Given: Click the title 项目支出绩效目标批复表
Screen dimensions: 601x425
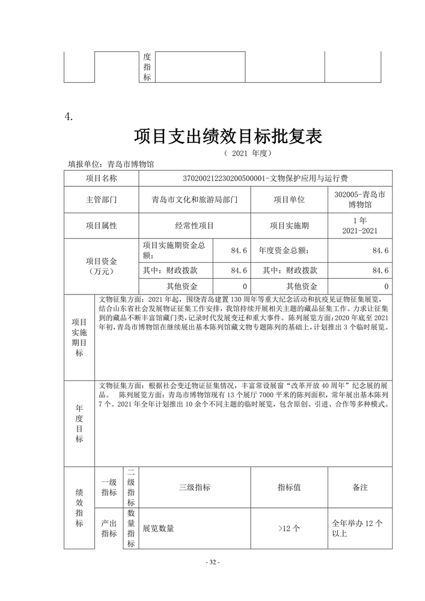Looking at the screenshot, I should point(228,136).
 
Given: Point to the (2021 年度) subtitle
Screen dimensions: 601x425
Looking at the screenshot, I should point(248,153).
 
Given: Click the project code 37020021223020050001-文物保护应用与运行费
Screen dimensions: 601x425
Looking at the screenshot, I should point(265,178).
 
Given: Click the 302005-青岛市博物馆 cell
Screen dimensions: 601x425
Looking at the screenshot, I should point(359,200).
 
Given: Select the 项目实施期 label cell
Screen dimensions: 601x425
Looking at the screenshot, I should point(289,226).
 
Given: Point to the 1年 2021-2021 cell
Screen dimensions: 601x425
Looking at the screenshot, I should point(359,226).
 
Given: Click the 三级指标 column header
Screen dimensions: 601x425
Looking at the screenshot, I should point(195,487).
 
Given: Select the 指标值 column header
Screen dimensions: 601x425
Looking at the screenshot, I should point(289,487).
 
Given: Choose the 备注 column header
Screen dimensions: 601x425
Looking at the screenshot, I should point(359,487).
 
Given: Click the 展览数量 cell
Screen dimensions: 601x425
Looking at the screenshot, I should point(159,528).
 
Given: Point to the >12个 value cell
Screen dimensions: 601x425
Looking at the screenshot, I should point(289,528).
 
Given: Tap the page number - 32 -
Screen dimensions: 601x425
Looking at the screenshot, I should point(213,562).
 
